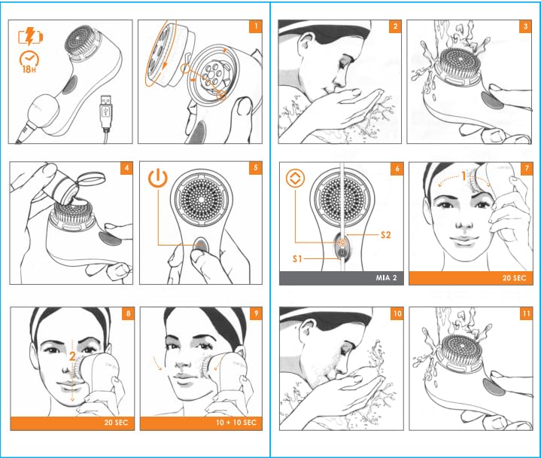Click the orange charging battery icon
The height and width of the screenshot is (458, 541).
pos(30,36)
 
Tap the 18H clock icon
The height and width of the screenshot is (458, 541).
pos(29,63)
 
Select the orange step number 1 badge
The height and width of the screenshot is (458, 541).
pos(255,26)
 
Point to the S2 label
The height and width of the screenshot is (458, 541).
pos(385,235)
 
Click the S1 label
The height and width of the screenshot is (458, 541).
pos(297,258)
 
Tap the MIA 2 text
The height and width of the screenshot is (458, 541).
pos(386,278)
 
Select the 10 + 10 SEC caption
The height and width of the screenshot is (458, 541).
pos(236,423)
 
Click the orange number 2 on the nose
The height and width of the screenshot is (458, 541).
pos(72,356)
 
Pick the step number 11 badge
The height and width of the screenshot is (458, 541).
pos(526,313)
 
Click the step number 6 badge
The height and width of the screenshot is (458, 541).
pos(397,169)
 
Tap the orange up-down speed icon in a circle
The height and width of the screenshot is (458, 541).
pos(296,179)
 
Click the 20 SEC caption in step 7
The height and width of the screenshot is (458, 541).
pos(514,278)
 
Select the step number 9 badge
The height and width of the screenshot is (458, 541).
pos(256,313)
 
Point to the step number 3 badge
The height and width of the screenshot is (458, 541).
pos(525,26)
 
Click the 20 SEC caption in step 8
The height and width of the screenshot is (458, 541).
pos(116,423)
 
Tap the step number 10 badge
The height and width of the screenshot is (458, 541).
pos(397,313)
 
